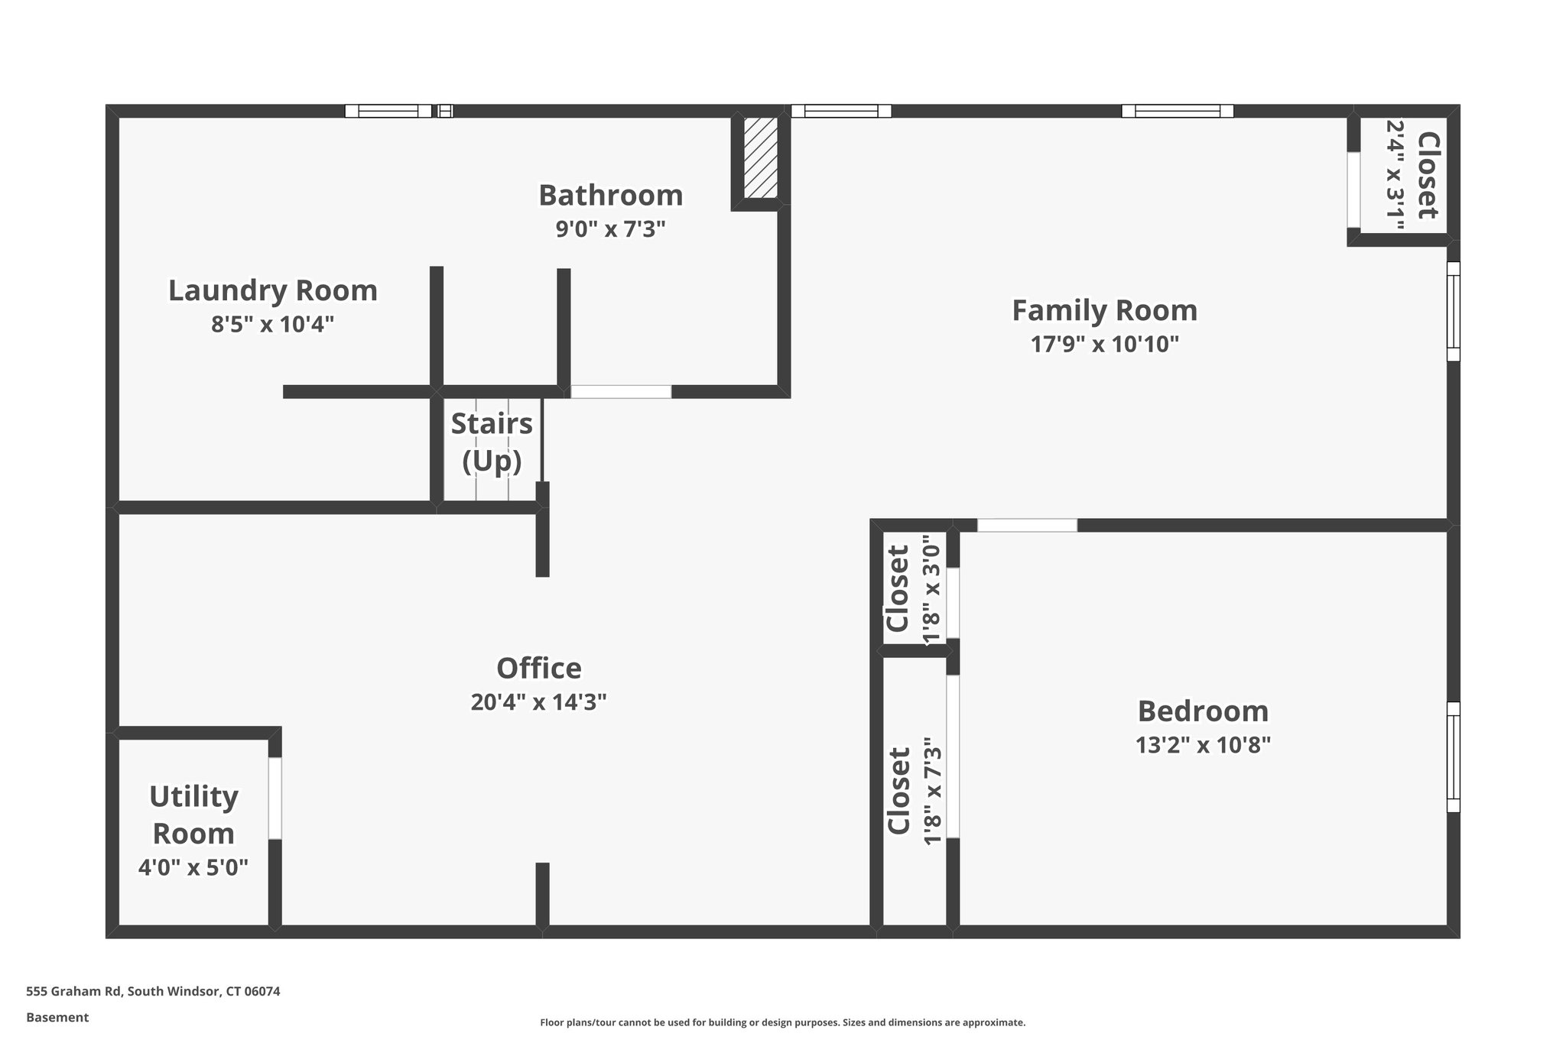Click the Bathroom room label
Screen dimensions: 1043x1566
(x=610, y=196)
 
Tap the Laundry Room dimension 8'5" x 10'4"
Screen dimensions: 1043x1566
(x=273, y=325)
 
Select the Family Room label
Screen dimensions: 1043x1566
(x=1104, y=311)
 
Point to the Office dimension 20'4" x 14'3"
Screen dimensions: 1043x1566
(x=538, y=702)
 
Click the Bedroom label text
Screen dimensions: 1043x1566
(x=1203, y=711)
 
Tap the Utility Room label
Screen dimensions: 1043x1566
(x=193, y=815)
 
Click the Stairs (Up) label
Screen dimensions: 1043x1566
(x=492, y=442)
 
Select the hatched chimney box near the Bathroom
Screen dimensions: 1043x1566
(x=761, y=157)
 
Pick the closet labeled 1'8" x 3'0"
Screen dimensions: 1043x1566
(x=911, y=589)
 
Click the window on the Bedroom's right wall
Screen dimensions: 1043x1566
(x=1453, y=756)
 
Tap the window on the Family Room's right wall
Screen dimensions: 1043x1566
(x=1453, y=311)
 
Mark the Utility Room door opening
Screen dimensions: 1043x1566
(x=275, y=798)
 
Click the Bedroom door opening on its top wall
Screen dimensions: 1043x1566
(x=1027, y=525)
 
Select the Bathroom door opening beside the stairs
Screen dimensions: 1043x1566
(x=621, y=391)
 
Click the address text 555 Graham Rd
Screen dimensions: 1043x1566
(x=153, y=991)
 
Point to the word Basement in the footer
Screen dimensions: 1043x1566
(x=57, y=1017)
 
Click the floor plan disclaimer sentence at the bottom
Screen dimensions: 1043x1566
(x=782, y=1022)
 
